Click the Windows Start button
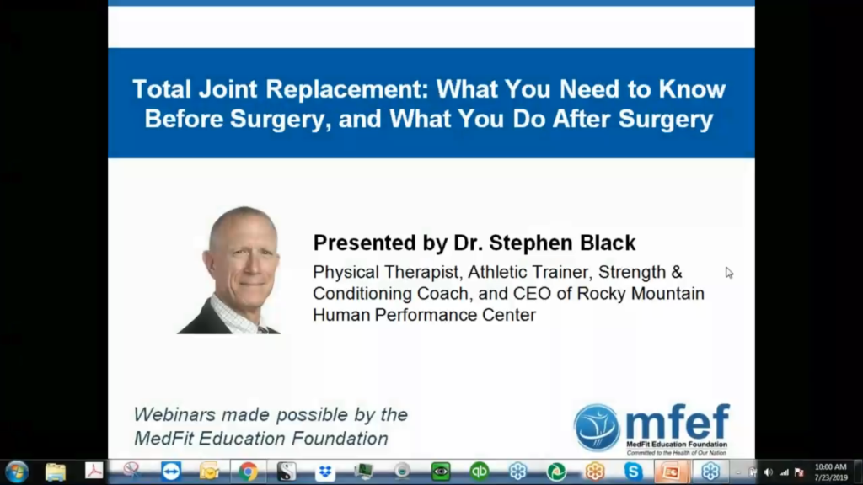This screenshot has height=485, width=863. click(x=17, y=472)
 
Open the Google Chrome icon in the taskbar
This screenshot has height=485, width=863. click(x=248, y=472)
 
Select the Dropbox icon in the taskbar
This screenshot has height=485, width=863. click(x=325, y=472)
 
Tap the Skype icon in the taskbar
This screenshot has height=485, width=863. click(x=633, y=472)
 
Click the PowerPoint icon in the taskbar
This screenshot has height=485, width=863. click(x=671, y=472)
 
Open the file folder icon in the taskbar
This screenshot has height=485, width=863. click(x=55, y=472)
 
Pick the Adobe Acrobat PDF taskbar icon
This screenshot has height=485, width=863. click(x=94, y=472)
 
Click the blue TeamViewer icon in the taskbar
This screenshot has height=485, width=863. click(x=171, y=472)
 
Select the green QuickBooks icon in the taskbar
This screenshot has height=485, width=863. click(x=480, y=472)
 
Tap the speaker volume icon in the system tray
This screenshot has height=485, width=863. click(x=769, y=472)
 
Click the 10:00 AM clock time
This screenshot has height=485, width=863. click(x=830, y=466)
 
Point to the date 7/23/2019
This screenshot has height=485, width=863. click(x=831, y=477)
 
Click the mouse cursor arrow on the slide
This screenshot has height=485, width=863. click(x=729, y=273)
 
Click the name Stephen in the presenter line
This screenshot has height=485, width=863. click(x=523, y=243)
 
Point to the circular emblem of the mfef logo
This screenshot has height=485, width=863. click(x=598, y=428)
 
